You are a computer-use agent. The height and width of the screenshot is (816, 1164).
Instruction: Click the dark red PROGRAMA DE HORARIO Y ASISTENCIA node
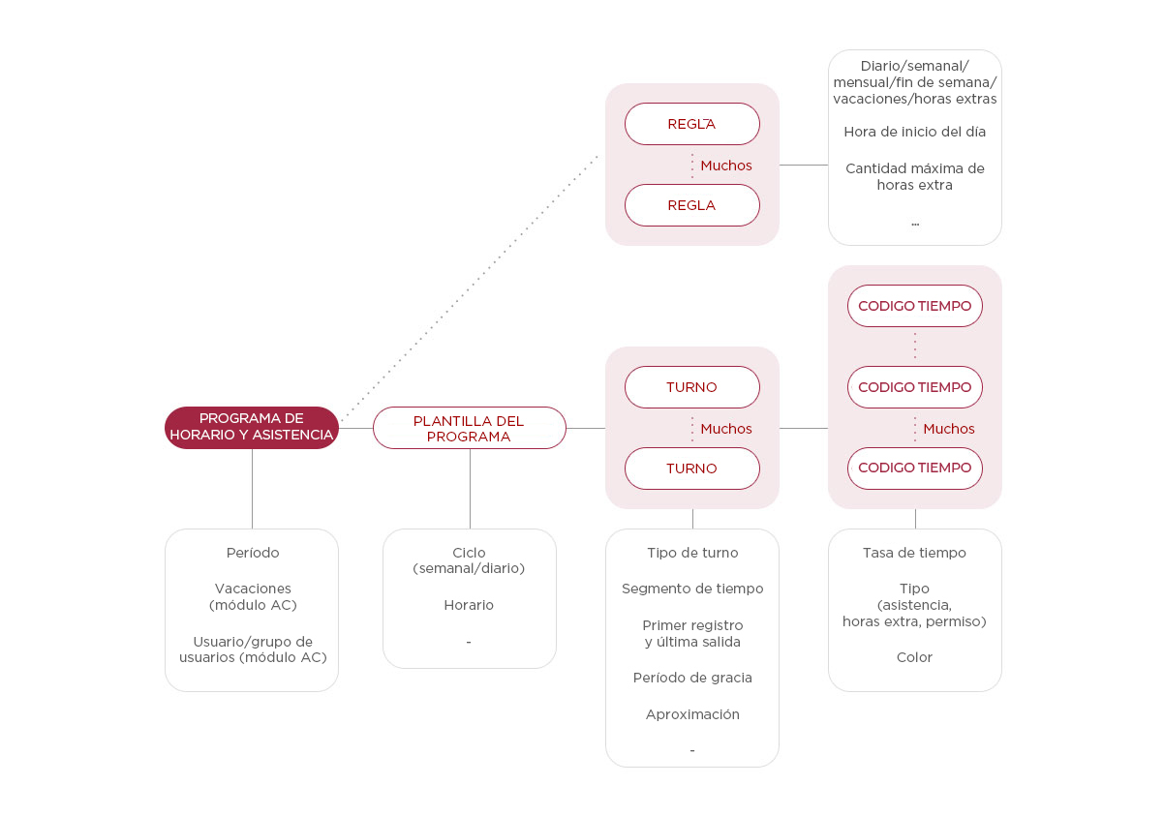coord(252,428)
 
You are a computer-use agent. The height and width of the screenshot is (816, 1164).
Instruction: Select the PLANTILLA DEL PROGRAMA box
coord(469,428)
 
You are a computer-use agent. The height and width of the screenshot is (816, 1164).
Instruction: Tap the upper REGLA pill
coord(691,124)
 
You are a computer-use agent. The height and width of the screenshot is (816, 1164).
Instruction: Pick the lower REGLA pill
coord(691,205)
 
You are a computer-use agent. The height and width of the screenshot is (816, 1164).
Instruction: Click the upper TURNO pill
coord(691,387)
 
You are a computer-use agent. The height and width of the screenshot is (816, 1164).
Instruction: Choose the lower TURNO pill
coord(691,468)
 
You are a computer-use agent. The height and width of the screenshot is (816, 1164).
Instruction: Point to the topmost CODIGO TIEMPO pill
coord(914,306)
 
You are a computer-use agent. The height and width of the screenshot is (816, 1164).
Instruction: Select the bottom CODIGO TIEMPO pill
coord(914,468)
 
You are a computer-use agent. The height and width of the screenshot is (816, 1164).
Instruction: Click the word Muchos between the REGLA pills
coord(726,166)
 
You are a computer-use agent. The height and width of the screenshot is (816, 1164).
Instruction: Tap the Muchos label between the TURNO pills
coord(726,429)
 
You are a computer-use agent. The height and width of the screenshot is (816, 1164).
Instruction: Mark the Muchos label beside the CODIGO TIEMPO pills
coord(949,429)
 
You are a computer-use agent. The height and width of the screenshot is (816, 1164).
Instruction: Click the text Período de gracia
coord(692,678)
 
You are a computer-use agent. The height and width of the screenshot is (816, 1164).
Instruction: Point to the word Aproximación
coord(692,714)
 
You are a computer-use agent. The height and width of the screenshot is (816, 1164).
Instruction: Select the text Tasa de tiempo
coord(914,553)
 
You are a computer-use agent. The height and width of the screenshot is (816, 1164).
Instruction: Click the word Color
coord(914,657)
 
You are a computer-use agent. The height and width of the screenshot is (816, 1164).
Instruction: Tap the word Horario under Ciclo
coord(469,605)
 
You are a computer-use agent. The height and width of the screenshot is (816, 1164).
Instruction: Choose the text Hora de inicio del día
coord(914,132)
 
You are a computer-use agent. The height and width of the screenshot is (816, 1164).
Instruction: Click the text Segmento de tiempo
coord(692,589)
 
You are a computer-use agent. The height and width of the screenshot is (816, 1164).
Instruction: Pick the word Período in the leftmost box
coord(253,553)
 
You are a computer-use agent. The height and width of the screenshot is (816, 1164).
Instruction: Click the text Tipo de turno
coord(692,553)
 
